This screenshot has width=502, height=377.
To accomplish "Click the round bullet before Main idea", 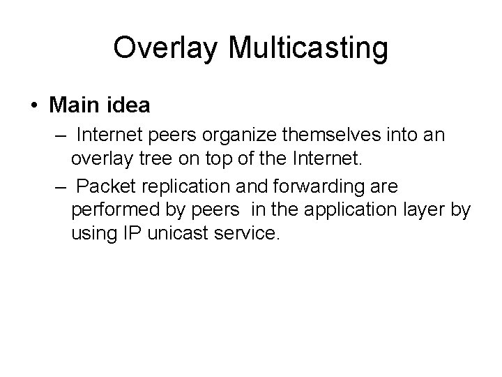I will click(x=34, y=106).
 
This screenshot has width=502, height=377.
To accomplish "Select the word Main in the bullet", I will click(x=73, y=105).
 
